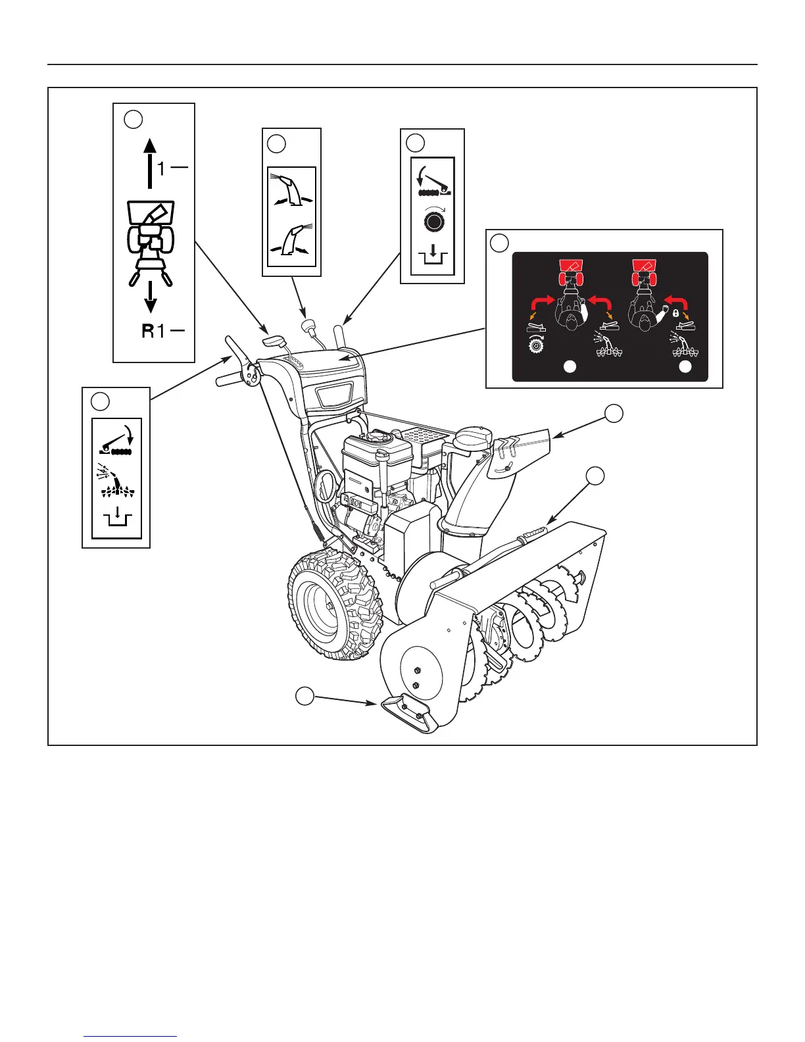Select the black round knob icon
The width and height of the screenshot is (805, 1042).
pos(432,222)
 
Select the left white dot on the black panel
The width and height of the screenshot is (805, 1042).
pos(570,367)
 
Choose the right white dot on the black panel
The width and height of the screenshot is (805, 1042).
pos(685,367)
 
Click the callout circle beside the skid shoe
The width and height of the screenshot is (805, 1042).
pos(304,695)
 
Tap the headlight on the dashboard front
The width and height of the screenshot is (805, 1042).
pos(335,397)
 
